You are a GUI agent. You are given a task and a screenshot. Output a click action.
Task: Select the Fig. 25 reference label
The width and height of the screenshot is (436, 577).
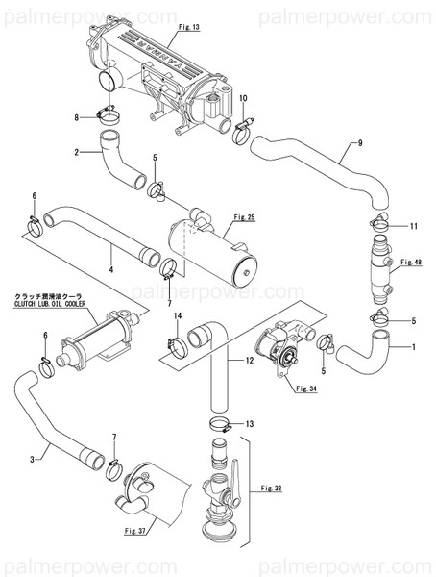pos(244,218)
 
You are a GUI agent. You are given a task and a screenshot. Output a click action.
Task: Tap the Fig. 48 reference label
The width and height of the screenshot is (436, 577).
pos(411,262)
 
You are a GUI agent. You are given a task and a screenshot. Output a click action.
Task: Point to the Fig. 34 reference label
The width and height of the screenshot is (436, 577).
pos(306,388)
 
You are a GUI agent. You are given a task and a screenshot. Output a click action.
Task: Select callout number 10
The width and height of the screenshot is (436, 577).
pos(243,98)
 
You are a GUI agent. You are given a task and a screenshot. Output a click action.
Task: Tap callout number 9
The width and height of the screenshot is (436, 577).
pos(359,143)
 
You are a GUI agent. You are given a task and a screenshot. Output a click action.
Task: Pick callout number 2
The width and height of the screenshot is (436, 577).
pos(76,151)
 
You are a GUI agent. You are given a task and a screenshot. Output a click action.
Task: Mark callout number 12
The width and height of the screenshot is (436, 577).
pos(249,361)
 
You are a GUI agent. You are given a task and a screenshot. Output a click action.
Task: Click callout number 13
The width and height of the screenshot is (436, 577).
pos(249,424)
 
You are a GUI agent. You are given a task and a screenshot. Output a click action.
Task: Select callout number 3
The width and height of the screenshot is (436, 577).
pos(34,460)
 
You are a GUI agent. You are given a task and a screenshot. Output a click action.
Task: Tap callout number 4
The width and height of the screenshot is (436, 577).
pos(111,270)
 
